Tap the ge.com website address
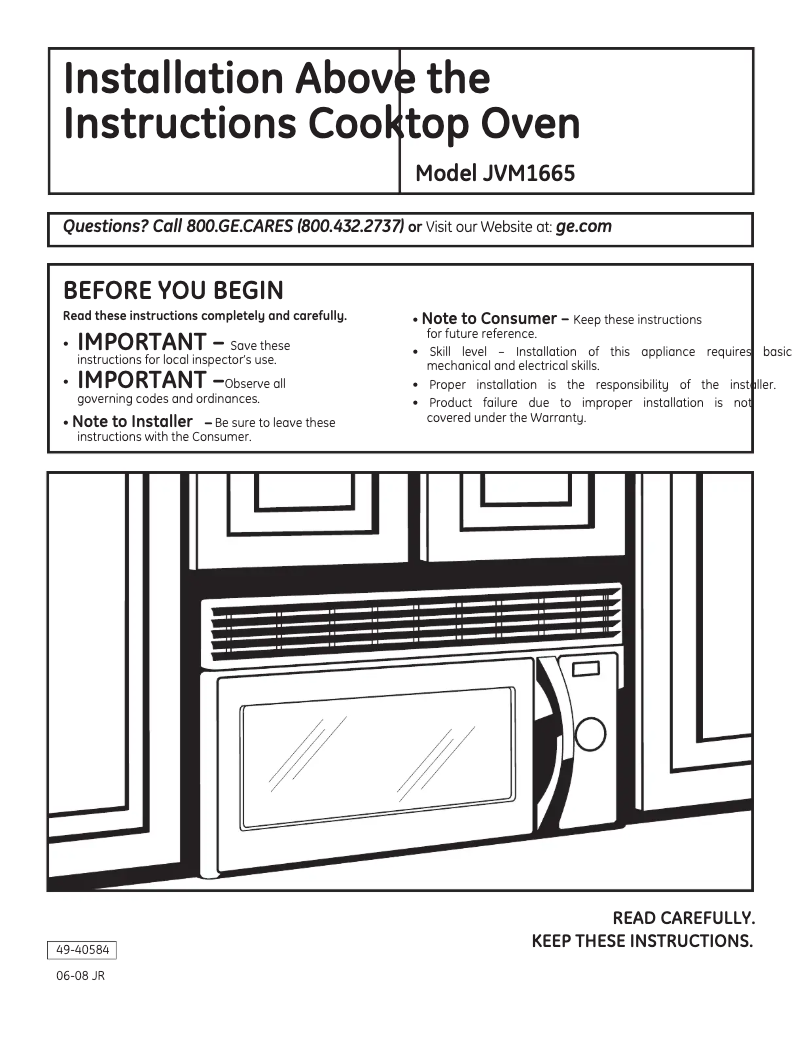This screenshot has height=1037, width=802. (x=583, y=227)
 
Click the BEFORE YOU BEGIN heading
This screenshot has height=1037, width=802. (x=173, y=291)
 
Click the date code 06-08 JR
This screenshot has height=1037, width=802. (x=80, y=976)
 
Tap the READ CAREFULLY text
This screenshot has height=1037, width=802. (x=683, y=918)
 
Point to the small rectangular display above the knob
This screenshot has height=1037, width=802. (x=586, y=668)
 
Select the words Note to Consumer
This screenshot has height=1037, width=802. (x=489, y=319)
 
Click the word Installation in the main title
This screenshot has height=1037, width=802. (x=171, y=77)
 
